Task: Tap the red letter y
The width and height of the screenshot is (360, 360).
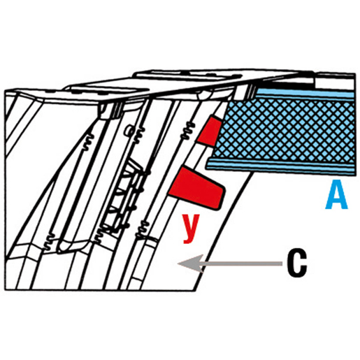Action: point(191,229)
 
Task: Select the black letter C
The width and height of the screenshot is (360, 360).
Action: point(296,264)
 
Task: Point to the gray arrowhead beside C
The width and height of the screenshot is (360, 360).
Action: point(190,264)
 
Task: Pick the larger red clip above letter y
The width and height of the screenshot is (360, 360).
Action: point(197,188)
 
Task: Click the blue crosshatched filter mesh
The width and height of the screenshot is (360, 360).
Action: point(285,131)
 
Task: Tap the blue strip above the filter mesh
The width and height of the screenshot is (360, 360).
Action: point(305,94)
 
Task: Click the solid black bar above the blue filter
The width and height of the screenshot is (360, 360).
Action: point(292,81)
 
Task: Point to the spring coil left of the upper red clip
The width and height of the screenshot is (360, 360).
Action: point(188,131)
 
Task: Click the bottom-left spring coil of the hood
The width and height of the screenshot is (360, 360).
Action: point(50,243)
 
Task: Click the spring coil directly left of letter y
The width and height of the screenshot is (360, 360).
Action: point(143,229)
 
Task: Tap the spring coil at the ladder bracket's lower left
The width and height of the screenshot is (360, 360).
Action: point(99,236)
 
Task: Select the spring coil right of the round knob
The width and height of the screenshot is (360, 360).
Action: point(139,134)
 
